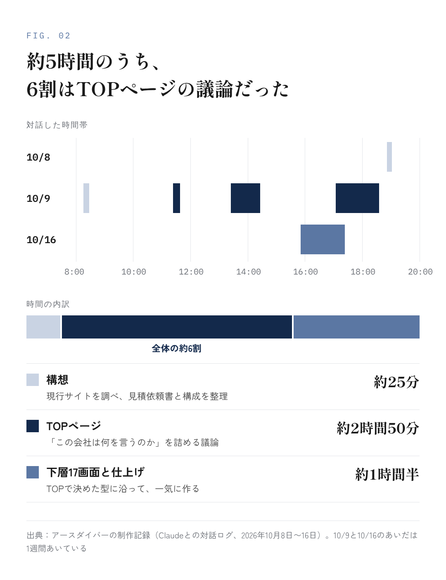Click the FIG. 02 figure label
click(48, 36)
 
